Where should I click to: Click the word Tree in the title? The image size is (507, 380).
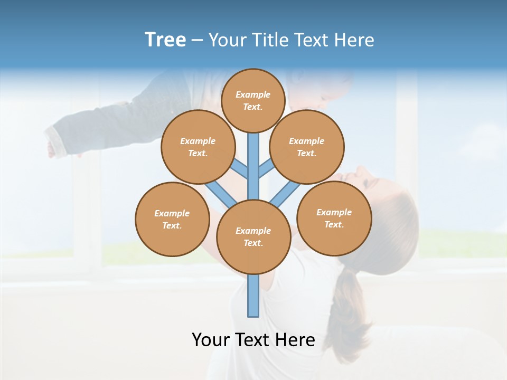pos(165,40)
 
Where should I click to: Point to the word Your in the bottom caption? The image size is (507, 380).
pos(210,339)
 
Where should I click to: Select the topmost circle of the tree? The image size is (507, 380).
pos(253,100)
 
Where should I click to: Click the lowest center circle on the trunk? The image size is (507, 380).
pos(253,237)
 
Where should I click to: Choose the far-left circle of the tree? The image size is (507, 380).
pos(172,219)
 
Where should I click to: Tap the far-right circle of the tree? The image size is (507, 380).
pos(334,218)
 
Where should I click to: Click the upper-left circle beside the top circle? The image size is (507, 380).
pos(198,147)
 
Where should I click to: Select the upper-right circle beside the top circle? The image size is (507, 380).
pos(307,147)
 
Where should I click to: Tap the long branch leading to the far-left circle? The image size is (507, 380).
pos(221,193)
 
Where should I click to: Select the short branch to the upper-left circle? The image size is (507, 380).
pos(240,169)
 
